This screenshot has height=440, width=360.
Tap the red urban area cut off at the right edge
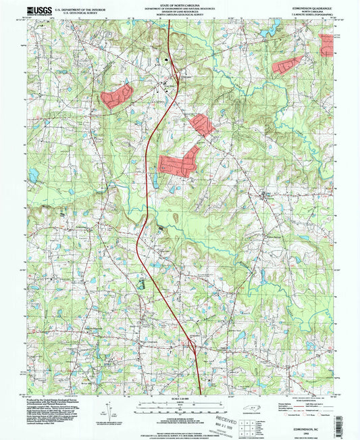328,45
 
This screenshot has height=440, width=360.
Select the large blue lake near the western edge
35,175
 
